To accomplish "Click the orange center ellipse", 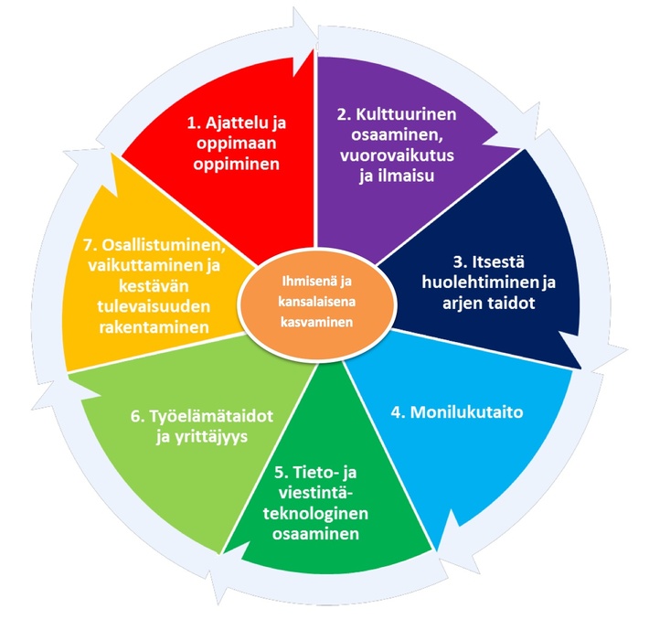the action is pyautogui.click(x=318, y=303).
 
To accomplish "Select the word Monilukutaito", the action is pyautogui.click(x=466, y=412).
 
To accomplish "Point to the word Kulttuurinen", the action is pyautogui.click(x=406, y=114).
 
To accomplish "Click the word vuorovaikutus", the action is pyautogui.click(x=397, y=155).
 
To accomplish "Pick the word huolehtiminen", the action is pyautogui.click(x=481, y=283).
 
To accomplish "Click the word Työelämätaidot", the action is pyautogui.click(x=211, y=416).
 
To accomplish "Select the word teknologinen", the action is pyautogui.click(x=315, y=514).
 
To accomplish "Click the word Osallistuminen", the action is pyautogui.click(x=164, y=245).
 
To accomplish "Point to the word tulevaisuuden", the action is pyautogui.click(x=154, y=307).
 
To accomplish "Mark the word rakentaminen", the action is pyautogui.click(x=154, y=327).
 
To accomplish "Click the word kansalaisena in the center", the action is pyautogui.click(x=316, y=302).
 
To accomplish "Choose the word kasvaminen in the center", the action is pyautogui.click(x=316, y=322).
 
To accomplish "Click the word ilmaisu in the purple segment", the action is pyautogui.click(x=406, y=176).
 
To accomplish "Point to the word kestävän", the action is pyautogui.click(x=154, y=286).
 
